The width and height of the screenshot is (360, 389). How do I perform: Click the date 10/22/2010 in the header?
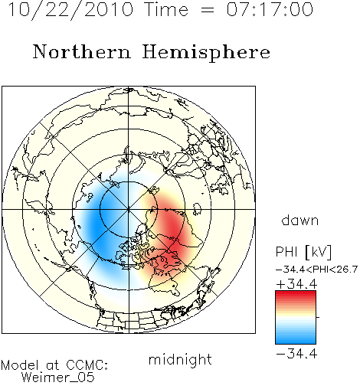click(x=70, y=10)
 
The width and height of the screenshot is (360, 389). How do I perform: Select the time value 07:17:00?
click(x=270, y=9)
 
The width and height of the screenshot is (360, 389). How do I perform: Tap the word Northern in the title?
click(x=82, y=52)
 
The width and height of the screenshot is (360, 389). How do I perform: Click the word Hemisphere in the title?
click(x=206, y=53)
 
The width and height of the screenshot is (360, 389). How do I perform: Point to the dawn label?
click(x=300, y=220)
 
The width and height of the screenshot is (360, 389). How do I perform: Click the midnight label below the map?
click(x=180, y=360)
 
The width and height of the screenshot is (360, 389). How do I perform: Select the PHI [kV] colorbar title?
click(x=304, y=252)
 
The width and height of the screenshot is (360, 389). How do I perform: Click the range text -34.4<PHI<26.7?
click(x=316, y=270)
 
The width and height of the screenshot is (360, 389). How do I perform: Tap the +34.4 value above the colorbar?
click(x=296, y=284)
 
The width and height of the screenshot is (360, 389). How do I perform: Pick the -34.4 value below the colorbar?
click(x=296, y=354)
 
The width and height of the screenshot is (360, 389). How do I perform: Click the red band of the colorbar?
click(x=296, y=297)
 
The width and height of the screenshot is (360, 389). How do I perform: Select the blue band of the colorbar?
click(x=296, y=336)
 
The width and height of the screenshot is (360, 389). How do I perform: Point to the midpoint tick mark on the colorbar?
click(x=318, y=317)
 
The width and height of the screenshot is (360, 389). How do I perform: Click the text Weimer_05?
click(x=58, y=377)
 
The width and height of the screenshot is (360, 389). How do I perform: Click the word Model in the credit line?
click(x=20, y=365)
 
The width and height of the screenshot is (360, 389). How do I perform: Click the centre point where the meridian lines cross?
click(x=129, y=209)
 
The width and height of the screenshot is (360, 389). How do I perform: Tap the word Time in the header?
click(x=166, y=9)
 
